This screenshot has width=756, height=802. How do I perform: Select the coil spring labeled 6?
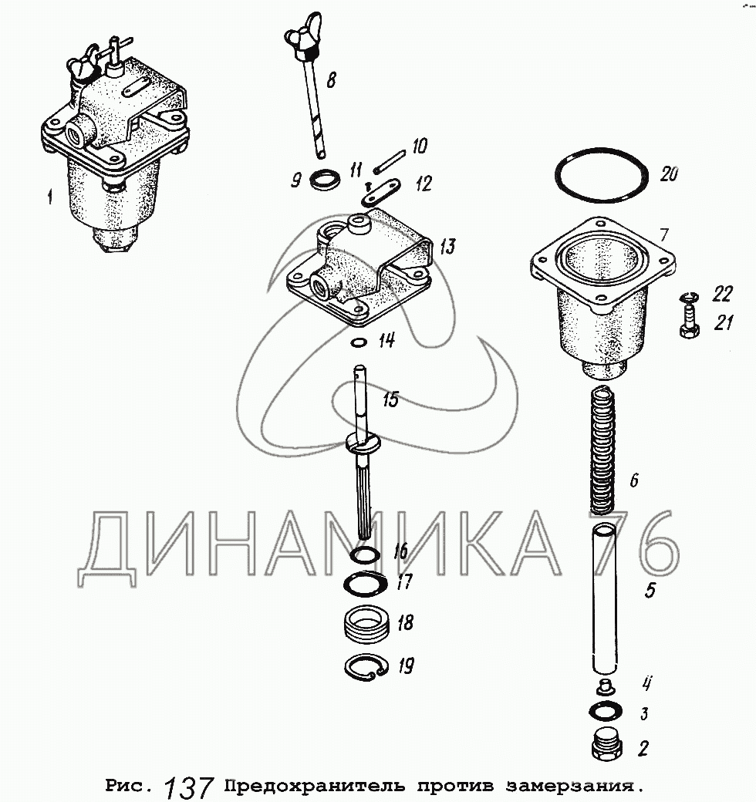(x=603, y=451)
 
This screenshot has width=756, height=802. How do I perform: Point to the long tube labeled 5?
(x=606, y=598)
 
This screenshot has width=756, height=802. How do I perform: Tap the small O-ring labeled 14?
(x=359, y=342)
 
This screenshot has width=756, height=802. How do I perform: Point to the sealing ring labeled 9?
(x=326, y=180)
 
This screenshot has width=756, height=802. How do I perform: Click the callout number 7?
(x=663, y=234)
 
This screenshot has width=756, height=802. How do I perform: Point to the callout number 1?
(x=49, y=197)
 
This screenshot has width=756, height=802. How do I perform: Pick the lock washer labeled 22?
(x=689, y=296)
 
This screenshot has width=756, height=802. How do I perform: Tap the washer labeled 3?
(x=606, y=712)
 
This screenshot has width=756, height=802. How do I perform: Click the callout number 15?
(x=390, y=400)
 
